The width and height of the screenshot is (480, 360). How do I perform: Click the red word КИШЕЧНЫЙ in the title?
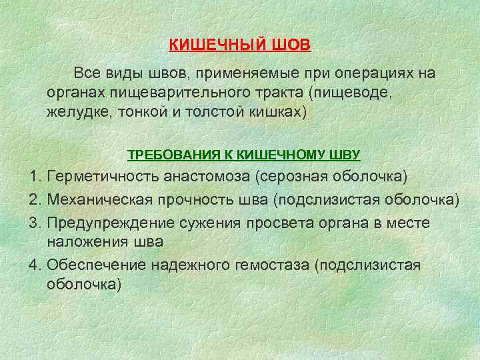click(218, 45)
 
